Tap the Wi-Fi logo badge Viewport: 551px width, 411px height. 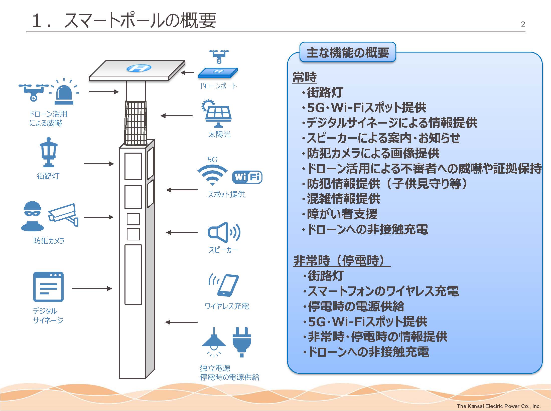point(247,177)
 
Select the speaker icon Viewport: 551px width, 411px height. point(224,232)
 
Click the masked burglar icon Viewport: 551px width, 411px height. point(32,216)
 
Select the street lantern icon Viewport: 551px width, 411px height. point(49,152)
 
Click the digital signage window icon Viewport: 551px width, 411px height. point(48,287)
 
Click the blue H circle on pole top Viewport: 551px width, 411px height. point(139,68)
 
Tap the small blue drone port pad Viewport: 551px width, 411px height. point(218,72)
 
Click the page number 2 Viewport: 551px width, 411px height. point(523,24)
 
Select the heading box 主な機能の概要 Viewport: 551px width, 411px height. point(348,53)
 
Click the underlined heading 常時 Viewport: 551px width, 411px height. point(305,77)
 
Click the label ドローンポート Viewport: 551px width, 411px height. point(218,86)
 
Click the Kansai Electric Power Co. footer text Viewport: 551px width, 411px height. point(498,406)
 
